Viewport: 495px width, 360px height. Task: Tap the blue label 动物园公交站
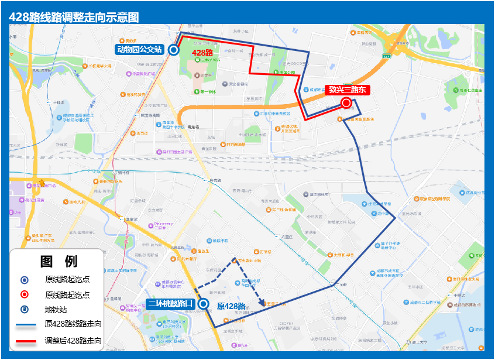coord(139,50)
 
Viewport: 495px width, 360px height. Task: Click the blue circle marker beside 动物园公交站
coord(173,50)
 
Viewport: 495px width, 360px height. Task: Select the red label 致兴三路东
coord(347,90)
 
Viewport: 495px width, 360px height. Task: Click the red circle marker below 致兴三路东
coord(346,103)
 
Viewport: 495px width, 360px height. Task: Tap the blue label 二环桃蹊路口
coord(170,303)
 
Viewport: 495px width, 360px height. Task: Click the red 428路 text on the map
coord(202,53)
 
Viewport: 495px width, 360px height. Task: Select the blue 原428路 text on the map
coord(231,306)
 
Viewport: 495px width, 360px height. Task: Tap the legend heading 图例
coord(59,261)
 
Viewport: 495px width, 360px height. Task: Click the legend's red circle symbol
coord(24,294)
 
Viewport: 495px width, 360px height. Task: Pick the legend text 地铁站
coord(56,310)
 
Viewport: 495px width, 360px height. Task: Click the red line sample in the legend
coord(24,340)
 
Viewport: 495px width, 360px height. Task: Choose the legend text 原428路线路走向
coord(73,324)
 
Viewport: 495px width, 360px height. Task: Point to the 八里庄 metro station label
coord(286,236)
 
